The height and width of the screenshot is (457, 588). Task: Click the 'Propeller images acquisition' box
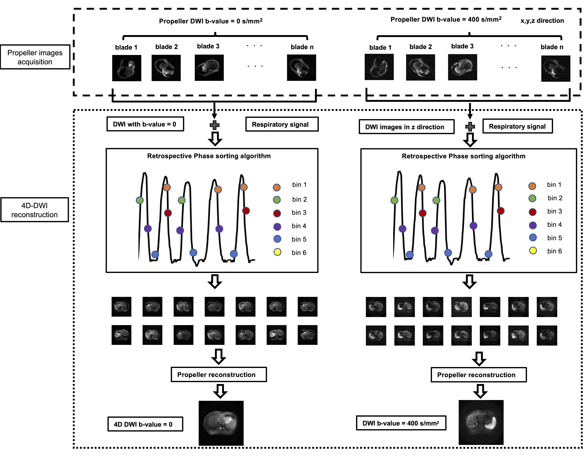click(x=35, y=57)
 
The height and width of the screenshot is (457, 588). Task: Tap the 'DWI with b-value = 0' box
click(x=145, y=124)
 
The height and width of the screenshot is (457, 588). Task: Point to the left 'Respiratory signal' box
click(x=282, y=124)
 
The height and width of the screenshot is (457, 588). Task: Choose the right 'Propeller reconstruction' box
click(x=478, y=375)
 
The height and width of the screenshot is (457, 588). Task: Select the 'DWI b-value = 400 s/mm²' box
click(x=401, y=423)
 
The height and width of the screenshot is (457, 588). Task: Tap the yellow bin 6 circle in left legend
click(x=277, y=252)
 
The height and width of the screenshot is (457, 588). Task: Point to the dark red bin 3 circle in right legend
click(x=532, y=212)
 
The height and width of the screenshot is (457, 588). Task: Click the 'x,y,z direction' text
click(x=542, y=21)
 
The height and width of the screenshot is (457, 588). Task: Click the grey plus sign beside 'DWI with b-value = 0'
click(x=214, y=125)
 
